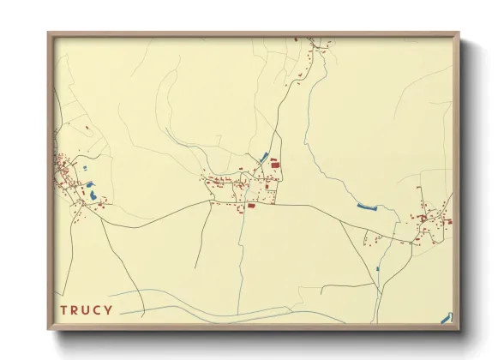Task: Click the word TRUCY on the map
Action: click(x=87, y=309)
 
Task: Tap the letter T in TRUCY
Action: click(x=63, y=309)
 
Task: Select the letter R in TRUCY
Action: click(x=75, y=309)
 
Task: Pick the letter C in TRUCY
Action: click(x=98, y=309)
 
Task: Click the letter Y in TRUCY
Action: click(x=109, y=309)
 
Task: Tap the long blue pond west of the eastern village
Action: click(x=366, y=207)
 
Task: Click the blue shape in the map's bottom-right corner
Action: click(x=446, y=318)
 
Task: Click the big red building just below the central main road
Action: click(x=251, y=206)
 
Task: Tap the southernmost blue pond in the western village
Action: click(x=93, y=197)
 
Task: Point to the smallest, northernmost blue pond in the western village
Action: click(x=88, y=183)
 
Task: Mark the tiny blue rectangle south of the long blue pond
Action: click(x=377, y=269)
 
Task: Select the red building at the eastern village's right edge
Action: click(x=448, y=221)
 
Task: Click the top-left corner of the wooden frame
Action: click(x=49, y=33)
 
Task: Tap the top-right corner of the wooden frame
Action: click(x=459, y=33)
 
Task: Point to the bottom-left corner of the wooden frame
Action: click(x=49, y=329)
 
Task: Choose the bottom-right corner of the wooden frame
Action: click(x=459, y=329)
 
